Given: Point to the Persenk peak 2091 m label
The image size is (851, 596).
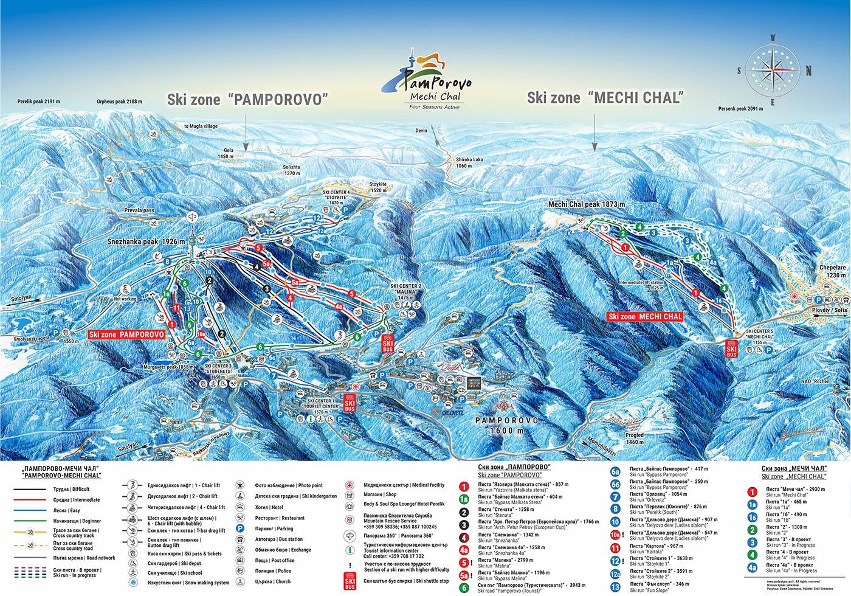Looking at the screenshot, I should pyautogui.click(x=740, y=109).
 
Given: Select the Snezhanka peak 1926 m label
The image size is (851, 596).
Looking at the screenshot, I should pyautogui.click(x=146, y=241).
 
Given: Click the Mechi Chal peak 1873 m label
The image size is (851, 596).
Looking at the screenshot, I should pyautogui.click(x=587, y=204).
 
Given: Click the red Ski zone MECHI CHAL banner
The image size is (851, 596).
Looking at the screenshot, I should pyautogui.click(x=646, y=317).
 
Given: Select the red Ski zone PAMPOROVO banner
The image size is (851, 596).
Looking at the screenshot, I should pyautogui.click(x=126, y=334).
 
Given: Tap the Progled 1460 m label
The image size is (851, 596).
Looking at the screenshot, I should pyautogui.click(x=635, y=438).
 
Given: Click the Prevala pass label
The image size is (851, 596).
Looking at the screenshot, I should pyautogui.click(x=139, y=210).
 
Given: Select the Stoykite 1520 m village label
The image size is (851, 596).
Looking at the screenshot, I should pyautogui.click(x=378, y=187).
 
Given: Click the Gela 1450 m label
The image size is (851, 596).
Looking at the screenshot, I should pyautogui.click(x=227, y=153).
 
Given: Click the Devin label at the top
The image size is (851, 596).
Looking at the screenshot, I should pyautogui.click(x=421, y=131).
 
